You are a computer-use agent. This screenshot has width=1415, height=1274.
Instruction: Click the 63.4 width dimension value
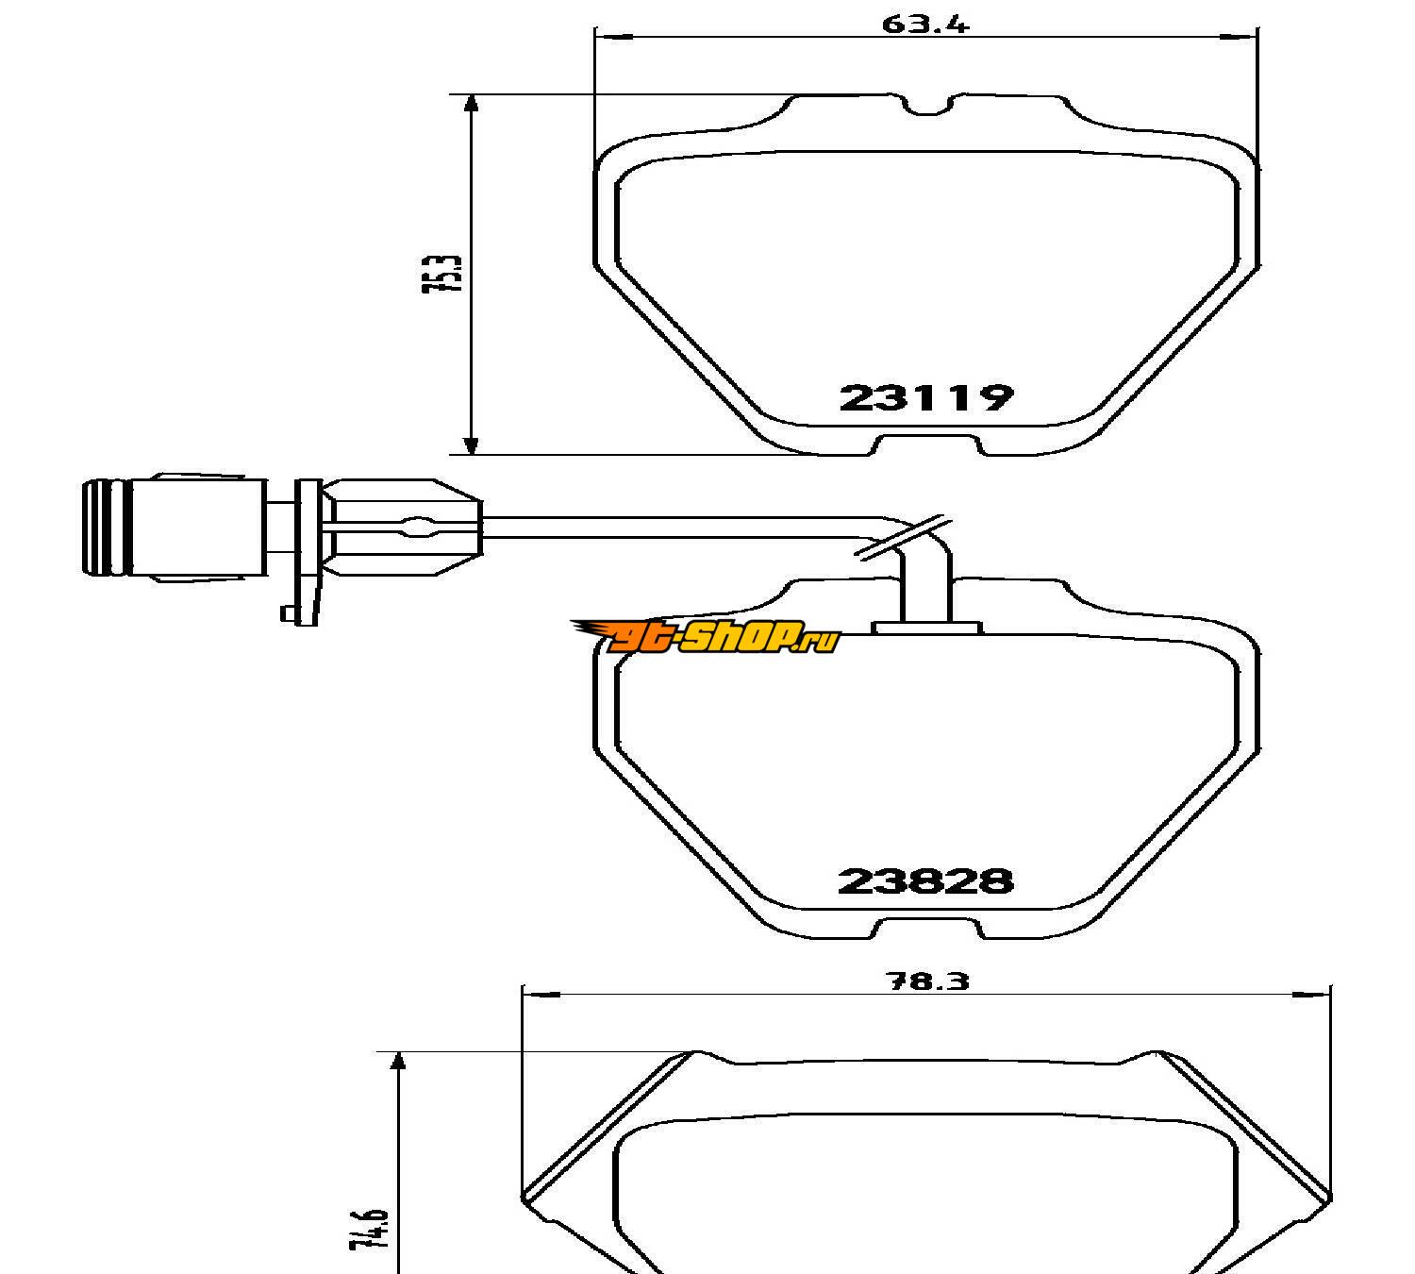point(925,24)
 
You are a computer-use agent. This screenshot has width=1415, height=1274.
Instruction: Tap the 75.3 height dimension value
point(442,274)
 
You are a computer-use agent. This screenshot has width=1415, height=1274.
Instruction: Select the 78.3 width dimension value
point(927,981)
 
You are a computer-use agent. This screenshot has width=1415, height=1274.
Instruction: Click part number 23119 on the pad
point(926,398)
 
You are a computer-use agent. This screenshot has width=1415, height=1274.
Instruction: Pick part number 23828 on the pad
point(925,881)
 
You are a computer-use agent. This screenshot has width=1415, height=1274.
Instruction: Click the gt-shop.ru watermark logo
point(706,637)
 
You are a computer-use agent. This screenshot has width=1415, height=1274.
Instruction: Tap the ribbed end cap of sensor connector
point(108,528)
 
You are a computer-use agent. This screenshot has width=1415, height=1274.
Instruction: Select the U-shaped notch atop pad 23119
point(928,106)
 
